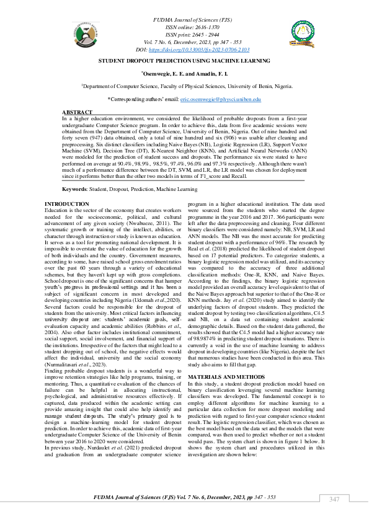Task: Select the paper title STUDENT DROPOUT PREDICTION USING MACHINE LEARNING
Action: coord(184,61)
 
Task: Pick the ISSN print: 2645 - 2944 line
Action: coord(184,35)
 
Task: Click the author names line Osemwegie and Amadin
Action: coord(184,73)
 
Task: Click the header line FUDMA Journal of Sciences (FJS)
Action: coord(184,21)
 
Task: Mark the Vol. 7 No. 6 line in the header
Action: coord(184,42)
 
